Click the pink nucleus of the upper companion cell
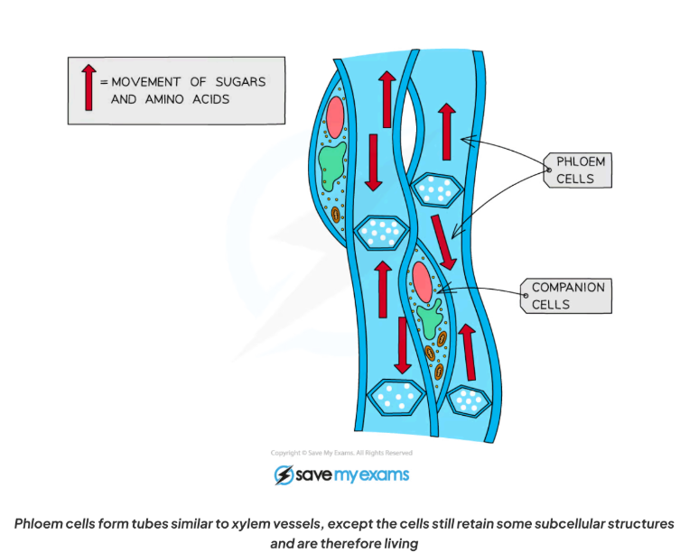click(x=335, y=117)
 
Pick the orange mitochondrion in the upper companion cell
click(x=336, y=215)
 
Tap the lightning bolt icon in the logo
click(x=283, y=475)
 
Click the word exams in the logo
click(x=384, y=474)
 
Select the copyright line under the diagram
click(x=341, y=453)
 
